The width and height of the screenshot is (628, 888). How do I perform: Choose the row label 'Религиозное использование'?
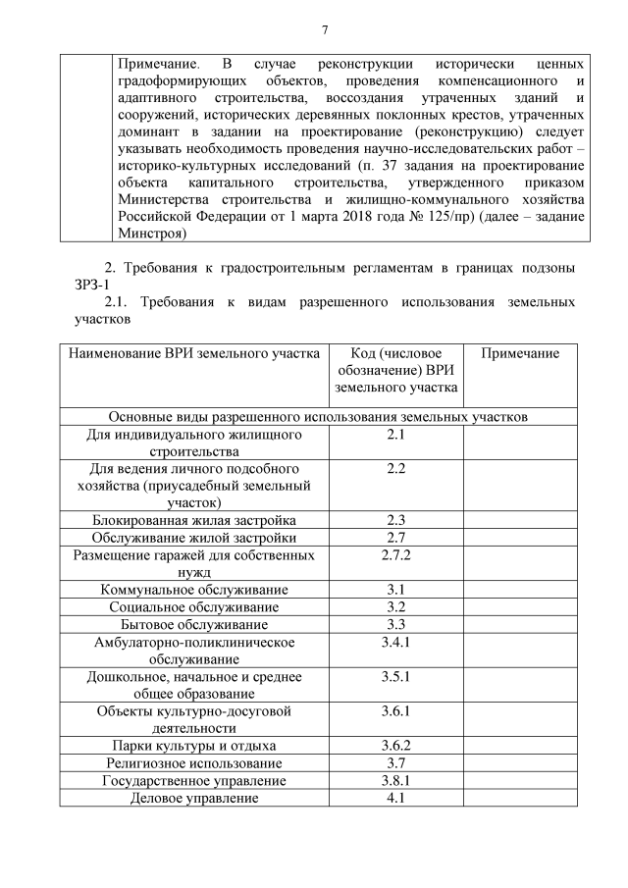click(x=194, y=762)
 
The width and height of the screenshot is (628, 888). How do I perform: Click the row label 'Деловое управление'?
click(x=194, y=798)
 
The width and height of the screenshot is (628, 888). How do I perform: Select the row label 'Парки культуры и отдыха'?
click(x=194, y=746)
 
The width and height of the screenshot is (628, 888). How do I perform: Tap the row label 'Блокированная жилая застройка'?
click(x=194, y=520)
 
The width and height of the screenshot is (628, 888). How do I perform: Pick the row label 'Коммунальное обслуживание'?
click(x=194, y=590)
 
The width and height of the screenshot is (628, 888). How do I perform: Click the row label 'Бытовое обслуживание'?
click(x=194, y=624)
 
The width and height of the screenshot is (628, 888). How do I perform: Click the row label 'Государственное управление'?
click(x=194, y=780)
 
